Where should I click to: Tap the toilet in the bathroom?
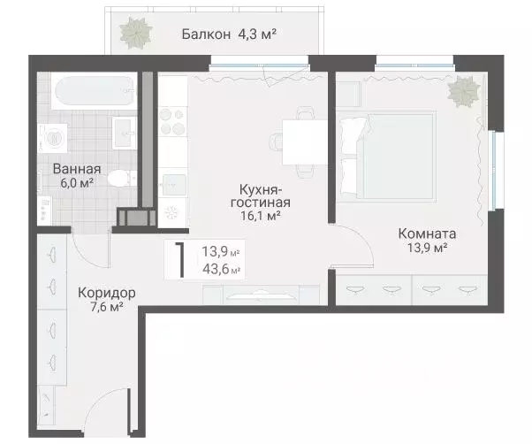coord(116,180)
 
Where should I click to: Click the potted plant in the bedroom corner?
coord(463,91)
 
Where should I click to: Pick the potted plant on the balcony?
coord(137,33)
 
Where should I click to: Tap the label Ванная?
coord(76,169)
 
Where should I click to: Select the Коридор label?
coord(105,292)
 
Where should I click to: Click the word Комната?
coord(427,234)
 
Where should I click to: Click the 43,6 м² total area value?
coord(222,269)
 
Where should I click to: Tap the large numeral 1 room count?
coord(180,261)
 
